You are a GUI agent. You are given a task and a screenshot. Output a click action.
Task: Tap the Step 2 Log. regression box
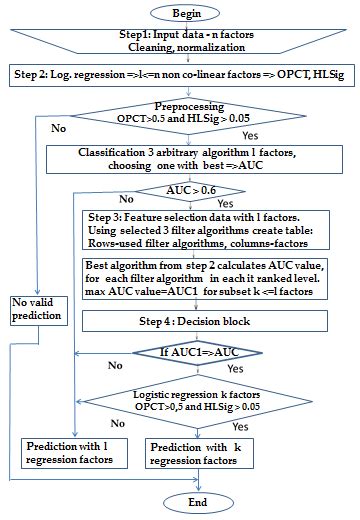pos(180,76)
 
